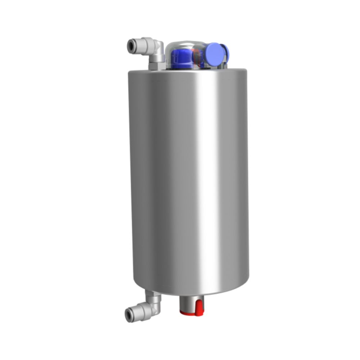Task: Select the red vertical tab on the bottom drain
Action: [198, 308]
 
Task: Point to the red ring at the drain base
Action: [191, 313]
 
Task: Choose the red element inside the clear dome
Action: [197, 58]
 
